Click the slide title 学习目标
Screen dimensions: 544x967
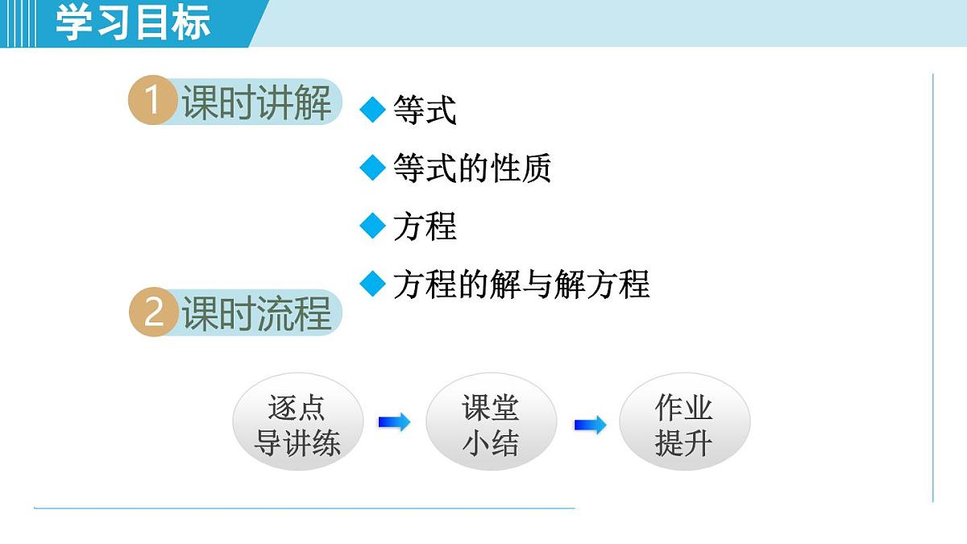pos(133,23)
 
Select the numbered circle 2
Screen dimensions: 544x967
pos(153,313)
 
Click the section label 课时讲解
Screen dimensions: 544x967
pos(256,102)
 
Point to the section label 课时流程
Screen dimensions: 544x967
pos(256,314)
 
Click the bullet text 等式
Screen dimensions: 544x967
pos(425,110)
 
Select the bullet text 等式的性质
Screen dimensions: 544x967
pos(472,168)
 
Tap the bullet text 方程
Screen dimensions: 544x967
pos(425,226)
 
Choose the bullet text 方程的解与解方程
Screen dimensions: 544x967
pos(521,284)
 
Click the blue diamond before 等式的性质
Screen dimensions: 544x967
pos(372,168)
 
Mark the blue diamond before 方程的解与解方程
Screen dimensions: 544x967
pos(372,284)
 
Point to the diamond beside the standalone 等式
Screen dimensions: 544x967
pos(372,110)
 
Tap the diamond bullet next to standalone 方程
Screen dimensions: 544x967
pos(372,226)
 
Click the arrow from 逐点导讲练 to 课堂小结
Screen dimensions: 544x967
pos(394,421)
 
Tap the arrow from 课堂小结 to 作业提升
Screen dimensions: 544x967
pos(590,425)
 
